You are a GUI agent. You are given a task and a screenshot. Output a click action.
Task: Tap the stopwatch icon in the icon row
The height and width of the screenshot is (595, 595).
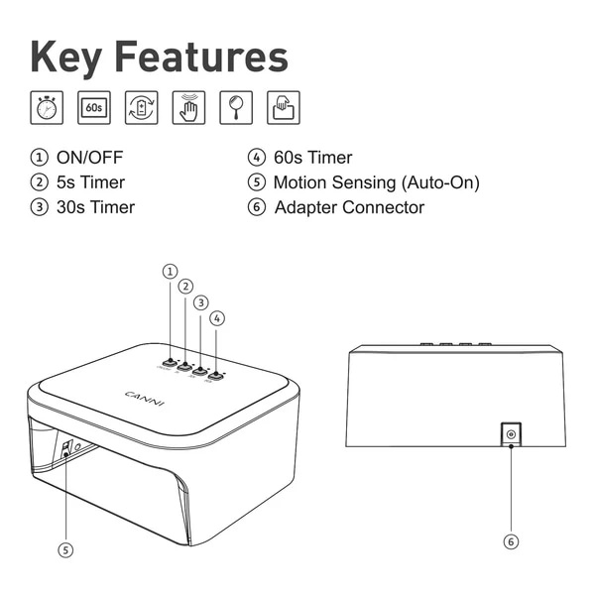click(x=46, y=107)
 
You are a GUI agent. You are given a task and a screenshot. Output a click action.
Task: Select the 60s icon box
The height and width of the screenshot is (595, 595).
click(x=94, y=107)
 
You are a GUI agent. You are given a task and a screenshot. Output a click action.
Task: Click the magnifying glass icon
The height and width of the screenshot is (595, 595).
click(x=237, y=107)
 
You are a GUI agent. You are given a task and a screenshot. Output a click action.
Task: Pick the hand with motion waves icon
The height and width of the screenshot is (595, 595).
click(x=189, y=107)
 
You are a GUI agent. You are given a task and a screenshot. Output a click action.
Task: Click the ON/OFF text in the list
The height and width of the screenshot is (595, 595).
click(x=90, y=158)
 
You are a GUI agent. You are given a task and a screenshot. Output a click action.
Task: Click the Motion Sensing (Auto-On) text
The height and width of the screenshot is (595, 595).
click(x=376, y=182)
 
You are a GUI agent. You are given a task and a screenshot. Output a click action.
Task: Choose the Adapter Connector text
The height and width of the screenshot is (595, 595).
click(x=349, y=207)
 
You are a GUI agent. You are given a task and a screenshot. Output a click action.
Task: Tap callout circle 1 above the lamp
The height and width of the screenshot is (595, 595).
click(x=170, y=271)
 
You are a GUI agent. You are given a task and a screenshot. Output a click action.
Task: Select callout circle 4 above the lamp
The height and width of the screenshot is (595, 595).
click(x=217, y=318)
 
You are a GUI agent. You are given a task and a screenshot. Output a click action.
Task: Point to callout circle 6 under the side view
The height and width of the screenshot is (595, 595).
click(x=511, y=541)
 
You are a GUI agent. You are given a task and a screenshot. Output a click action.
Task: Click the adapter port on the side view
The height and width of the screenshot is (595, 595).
click(x=511, y=434)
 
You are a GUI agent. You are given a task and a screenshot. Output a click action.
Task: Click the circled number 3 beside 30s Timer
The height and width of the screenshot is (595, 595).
click(x=40, y=207)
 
